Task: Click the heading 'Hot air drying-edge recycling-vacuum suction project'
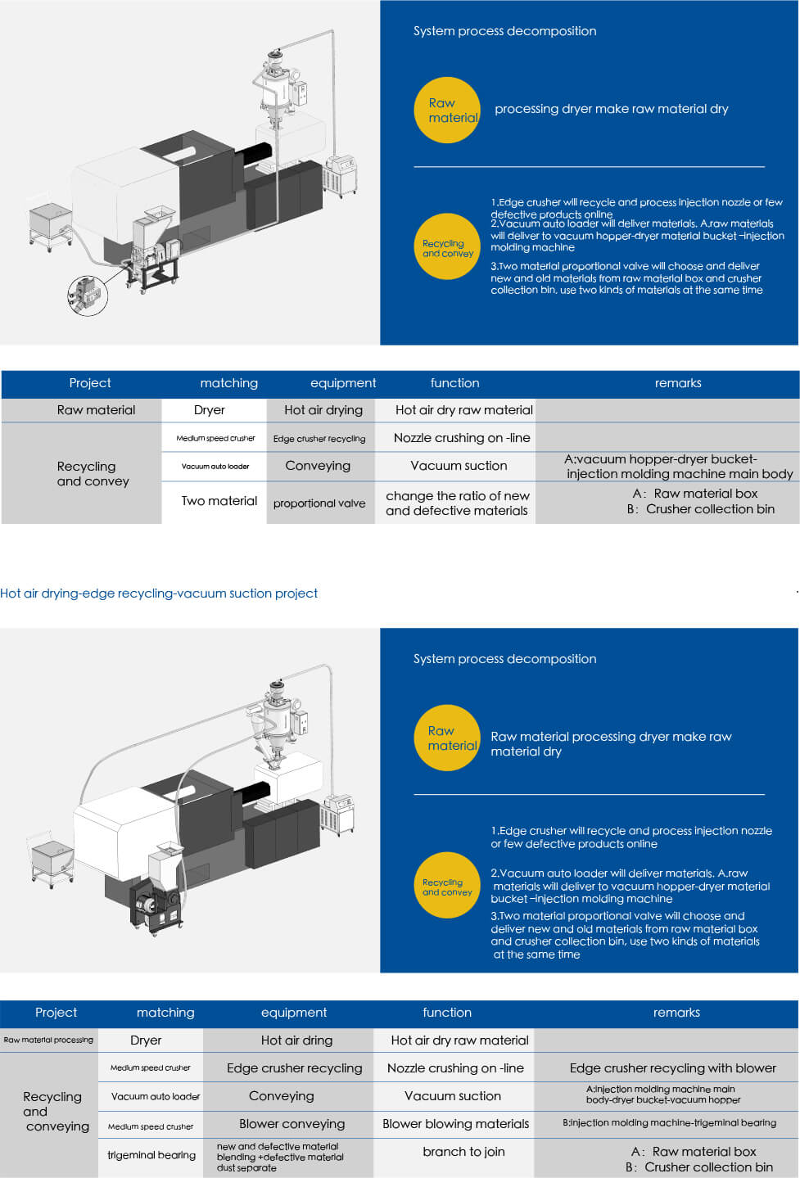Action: (x=159, y=594)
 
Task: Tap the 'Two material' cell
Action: (x=219, y=501)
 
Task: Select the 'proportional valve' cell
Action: (x=319, y=503)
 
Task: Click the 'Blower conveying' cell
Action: (x=292, y=1124)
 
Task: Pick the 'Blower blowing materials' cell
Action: (x=455, y=1124)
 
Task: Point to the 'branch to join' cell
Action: (x=463, y=1152)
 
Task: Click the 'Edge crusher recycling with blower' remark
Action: (x=672, y=1067)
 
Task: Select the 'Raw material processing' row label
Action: (x=48, y=1040)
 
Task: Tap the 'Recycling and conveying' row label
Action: (x=52, y=1111)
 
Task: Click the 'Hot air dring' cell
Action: (x=296, y=1040)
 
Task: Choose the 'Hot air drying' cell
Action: (x=323, y=410)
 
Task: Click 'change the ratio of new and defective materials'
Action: (x=457, y=503)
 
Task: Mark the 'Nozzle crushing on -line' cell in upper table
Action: (x=461, y=438)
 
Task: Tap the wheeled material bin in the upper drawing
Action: (x=51, y=223)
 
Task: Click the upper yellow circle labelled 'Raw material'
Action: (x=447, y=111)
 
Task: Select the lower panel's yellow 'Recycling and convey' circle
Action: (x=447, y=887)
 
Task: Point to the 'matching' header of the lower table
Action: (x=165, y=1013)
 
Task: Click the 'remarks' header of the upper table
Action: (x=678, y=383)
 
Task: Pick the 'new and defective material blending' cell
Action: (x=280, y=1157)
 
